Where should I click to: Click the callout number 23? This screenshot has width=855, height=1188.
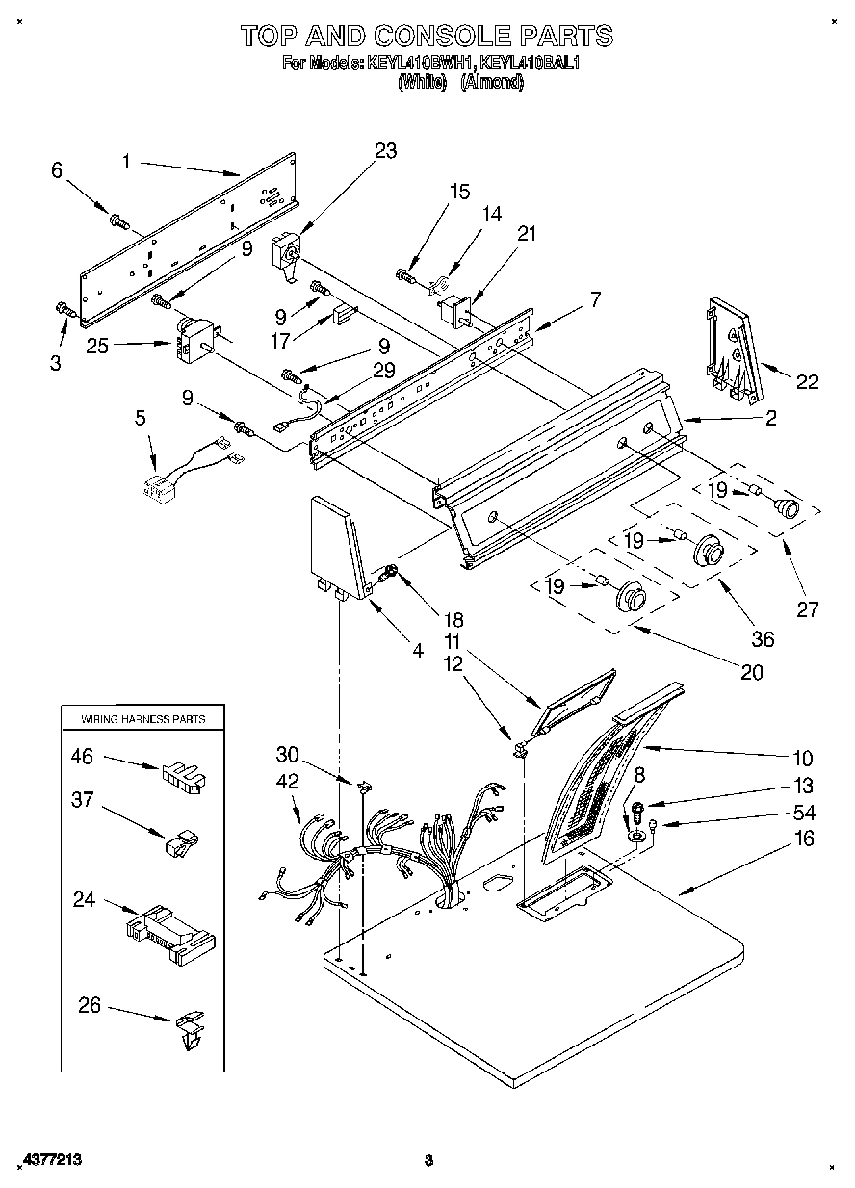[x=385, y=151]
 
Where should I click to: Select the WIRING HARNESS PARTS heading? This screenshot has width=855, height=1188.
[x=142, y=719]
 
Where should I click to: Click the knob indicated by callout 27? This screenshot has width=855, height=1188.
[x=789, y=507]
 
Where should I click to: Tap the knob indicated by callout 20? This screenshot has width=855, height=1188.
[x=632, y=597]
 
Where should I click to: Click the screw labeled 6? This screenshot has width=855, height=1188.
[x=120, y=222]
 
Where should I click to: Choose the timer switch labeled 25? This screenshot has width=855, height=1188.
[x=196, y=339]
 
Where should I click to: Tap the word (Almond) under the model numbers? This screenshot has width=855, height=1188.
[x=491, y=83]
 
